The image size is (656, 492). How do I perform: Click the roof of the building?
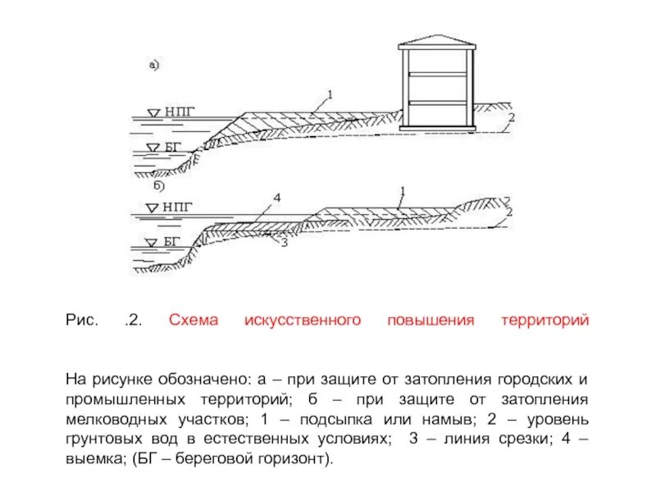(x=436, y=42)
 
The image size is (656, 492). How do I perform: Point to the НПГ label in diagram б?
(x=180, y=207)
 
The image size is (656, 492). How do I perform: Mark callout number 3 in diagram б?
(x=284, y=243)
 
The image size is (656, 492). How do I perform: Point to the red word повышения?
(x=430, y=321)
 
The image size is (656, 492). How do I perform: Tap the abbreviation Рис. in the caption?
(x=81, y=321)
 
